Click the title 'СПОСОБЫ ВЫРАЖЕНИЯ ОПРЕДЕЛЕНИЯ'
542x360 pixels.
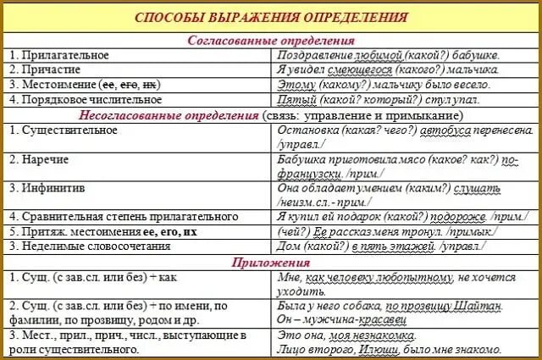coord(272,19)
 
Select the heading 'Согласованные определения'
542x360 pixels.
coord(270,40)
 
